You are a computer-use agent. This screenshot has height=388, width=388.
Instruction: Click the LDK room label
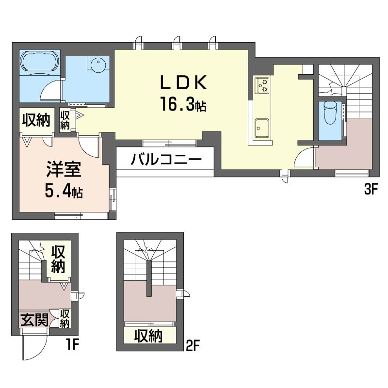click(184, 82)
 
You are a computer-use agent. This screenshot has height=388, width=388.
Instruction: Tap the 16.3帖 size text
click(183, 104)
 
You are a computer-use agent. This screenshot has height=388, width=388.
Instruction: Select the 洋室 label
click(64, 169)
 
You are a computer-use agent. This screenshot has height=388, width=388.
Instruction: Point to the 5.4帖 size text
click(64, 191)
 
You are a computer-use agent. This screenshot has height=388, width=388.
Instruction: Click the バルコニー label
click(166, 160)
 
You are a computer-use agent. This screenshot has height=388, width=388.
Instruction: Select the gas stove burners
click(262, 85)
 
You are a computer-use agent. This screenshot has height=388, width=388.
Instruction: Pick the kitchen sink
click(262, 128)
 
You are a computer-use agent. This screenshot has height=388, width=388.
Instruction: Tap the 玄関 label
click(34, 320)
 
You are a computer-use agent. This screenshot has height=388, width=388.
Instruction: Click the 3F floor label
click(370, 190)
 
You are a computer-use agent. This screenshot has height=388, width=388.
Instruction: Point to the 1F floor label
click(72, 344)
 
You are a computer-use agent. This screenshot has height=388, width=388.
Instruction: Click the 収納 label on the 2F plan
click(148, 336)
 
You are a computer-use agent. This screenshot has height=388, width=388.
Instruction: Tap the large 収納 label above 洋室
click(36, 120)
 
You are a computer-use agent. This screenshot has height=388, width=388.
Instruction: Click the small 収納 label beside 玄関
click(65, 319)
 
